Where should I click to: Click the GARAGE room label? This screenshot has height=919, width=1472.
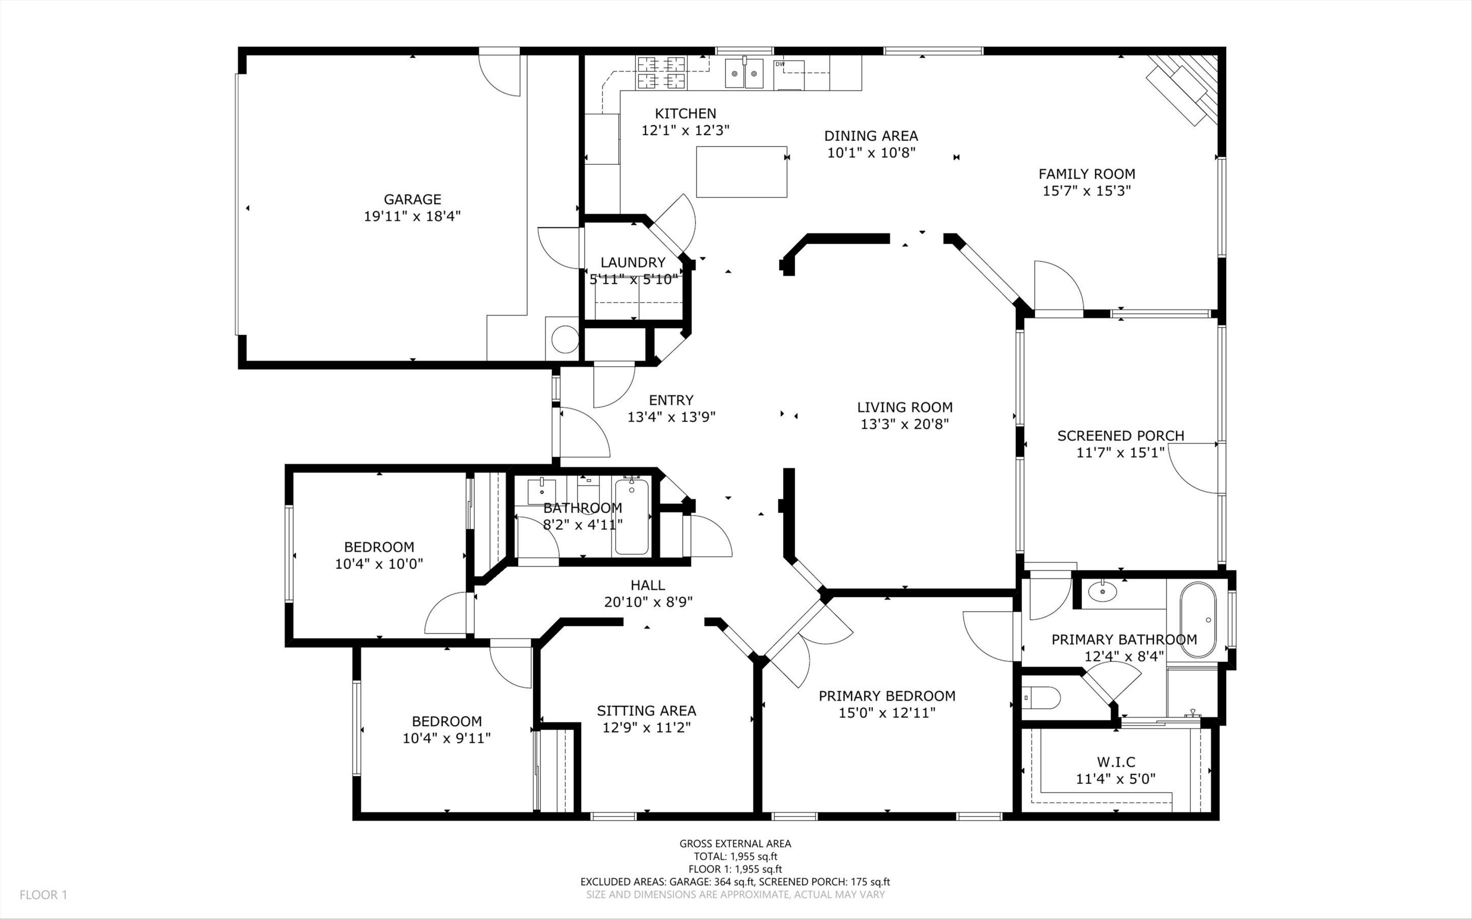pos(412,200)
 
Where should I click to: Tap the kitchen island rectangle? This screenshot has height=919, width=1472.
pos(742,172)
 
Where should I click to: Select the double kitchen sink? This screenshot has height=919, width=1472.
pos(744,74)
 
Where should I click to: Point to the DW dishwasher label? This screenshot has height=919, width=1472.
pos(780,64)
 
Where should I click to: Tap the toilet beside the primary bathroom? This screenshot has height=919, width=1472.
pos(1041,698)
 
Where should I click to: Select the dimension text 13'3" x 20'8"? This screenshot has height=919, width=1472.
pos(905,424)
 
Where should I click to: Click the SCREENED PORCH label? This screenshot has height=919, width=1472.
pos(1121,436)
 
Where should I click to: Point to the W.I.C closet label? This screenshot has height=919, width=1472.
pos(1116,762)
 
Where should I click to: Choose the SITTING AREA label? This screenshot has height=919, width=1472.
pos(646,711)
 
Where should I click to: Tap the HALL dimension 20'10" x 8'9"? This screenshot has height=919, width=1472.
pos(648,602)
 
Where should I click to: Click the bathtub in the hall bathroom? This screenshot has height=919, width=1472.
pos(631,517)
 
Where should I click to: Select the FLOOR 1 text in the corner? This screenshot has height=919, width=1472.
pos(43,894)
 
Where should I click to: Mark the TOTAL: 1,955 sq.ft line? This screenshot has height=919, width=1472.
pos(735,856)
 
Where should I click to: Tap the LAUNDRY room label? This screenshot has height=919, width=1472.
pos(633,262)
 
